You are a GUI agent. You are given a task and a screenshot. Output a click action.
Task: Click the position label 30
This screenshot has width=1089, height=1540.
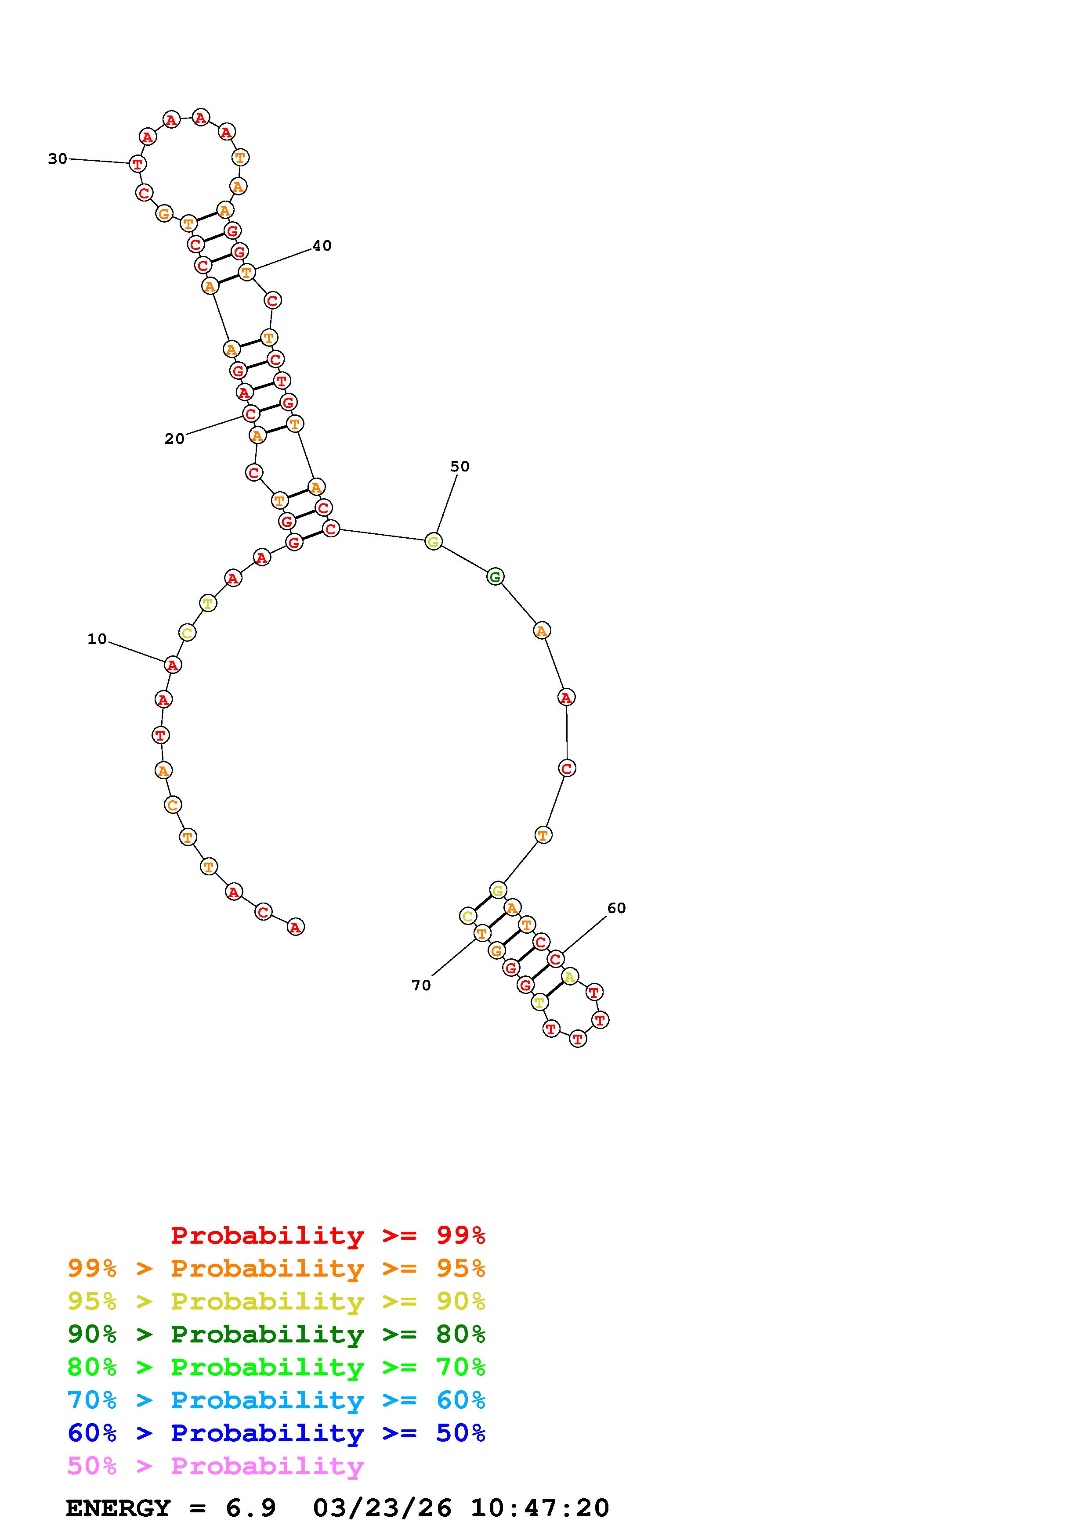[58, 159]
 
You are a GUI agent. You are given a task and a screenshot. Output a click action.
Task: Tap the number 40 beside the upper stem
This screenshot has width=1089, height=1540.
[322, 245]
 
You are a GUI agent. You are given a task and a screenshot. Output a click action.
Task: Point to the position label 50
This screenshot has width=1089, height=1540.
[459, 466]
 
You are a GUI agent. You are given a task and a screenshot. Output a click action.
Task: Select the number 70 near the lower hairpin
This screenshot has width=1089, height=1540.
[421, 985]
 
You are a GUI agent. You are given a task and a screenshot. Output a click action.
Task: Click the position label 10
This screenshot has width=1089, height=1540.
[97, 639]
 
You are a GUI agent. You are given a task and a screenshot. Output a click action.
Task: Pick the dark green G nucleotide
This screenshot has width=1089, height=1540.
[495, 576]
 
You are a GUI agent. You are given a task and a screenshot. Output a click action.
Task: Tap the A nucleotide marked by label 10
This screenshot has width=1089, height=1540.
[173, 665]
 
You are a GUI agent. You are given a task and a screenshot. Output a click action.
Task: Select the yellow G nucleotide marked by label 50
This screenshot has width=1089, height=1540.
[434, 541]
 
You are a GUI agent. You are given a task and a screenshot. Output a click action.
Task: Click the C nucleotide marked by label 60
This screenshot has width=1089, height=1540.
[555, 959]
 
